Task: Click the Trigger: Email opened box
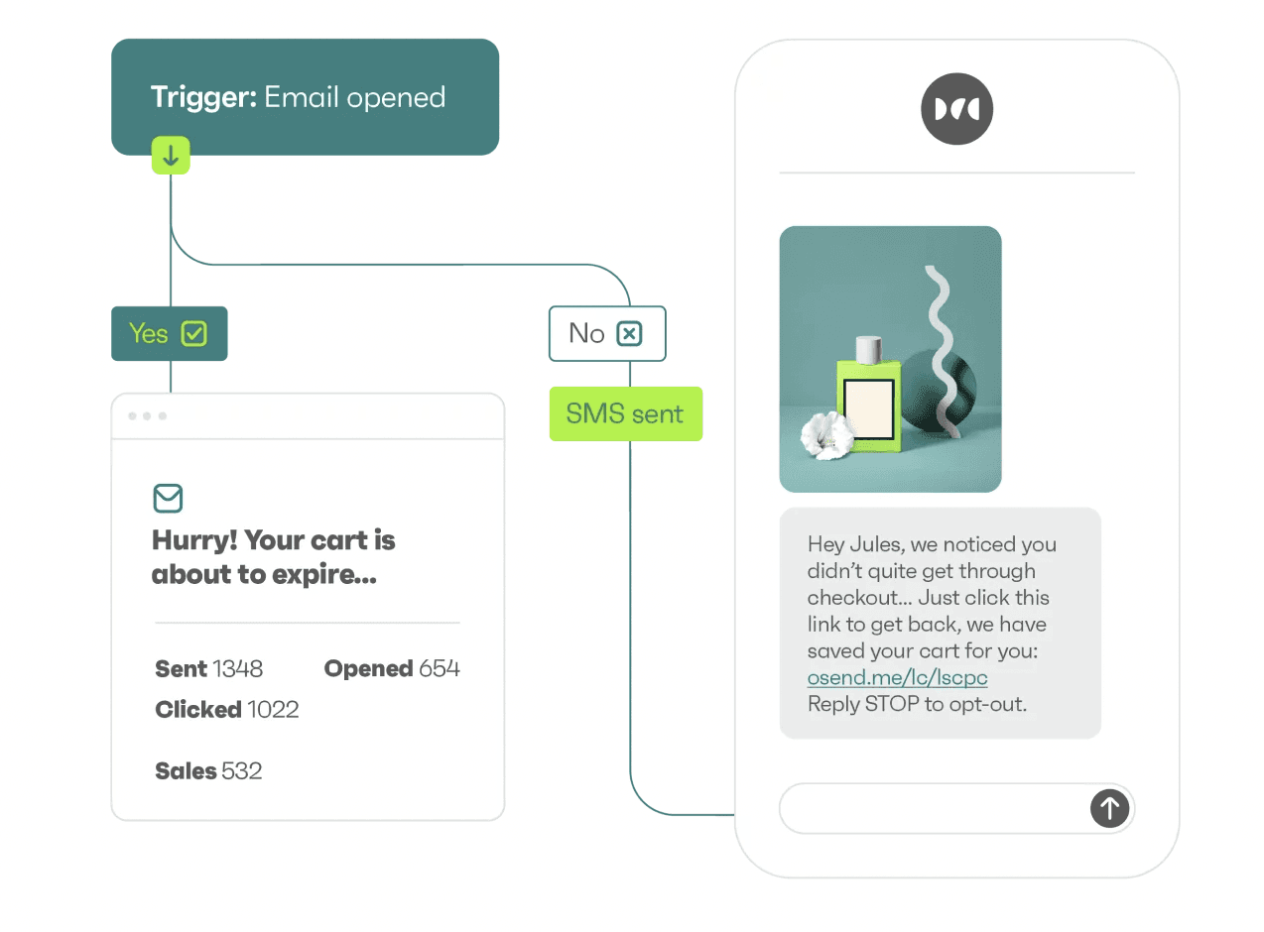(305, 97)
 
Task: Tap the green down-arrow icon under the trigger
(171, 156)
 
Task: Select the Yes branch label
(149, 333)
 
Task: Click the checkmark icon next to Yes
(194, 334)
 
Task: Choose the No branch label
(586, 333)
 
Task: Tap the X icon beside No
(629, 334)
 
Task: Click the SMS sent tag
(625, 413)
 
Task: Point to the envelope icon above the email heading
(169, 498)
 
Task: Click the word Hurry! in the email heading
(193, 540)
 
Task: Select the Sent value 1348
(237, 669)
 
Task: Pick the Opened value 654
(440, 669)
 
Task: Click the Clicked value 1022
(273, 710)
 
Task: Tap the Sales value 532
(242, 771)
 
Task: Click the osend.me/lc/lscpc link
(897, 678)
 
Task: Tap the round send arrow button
(1109, 808)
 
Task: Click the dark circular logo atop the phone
(956, 109)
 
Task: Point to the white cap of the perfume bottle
(868, 349)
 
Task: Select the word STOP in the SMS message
(893, 705)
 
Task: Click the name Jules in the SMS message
(876, 544)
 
